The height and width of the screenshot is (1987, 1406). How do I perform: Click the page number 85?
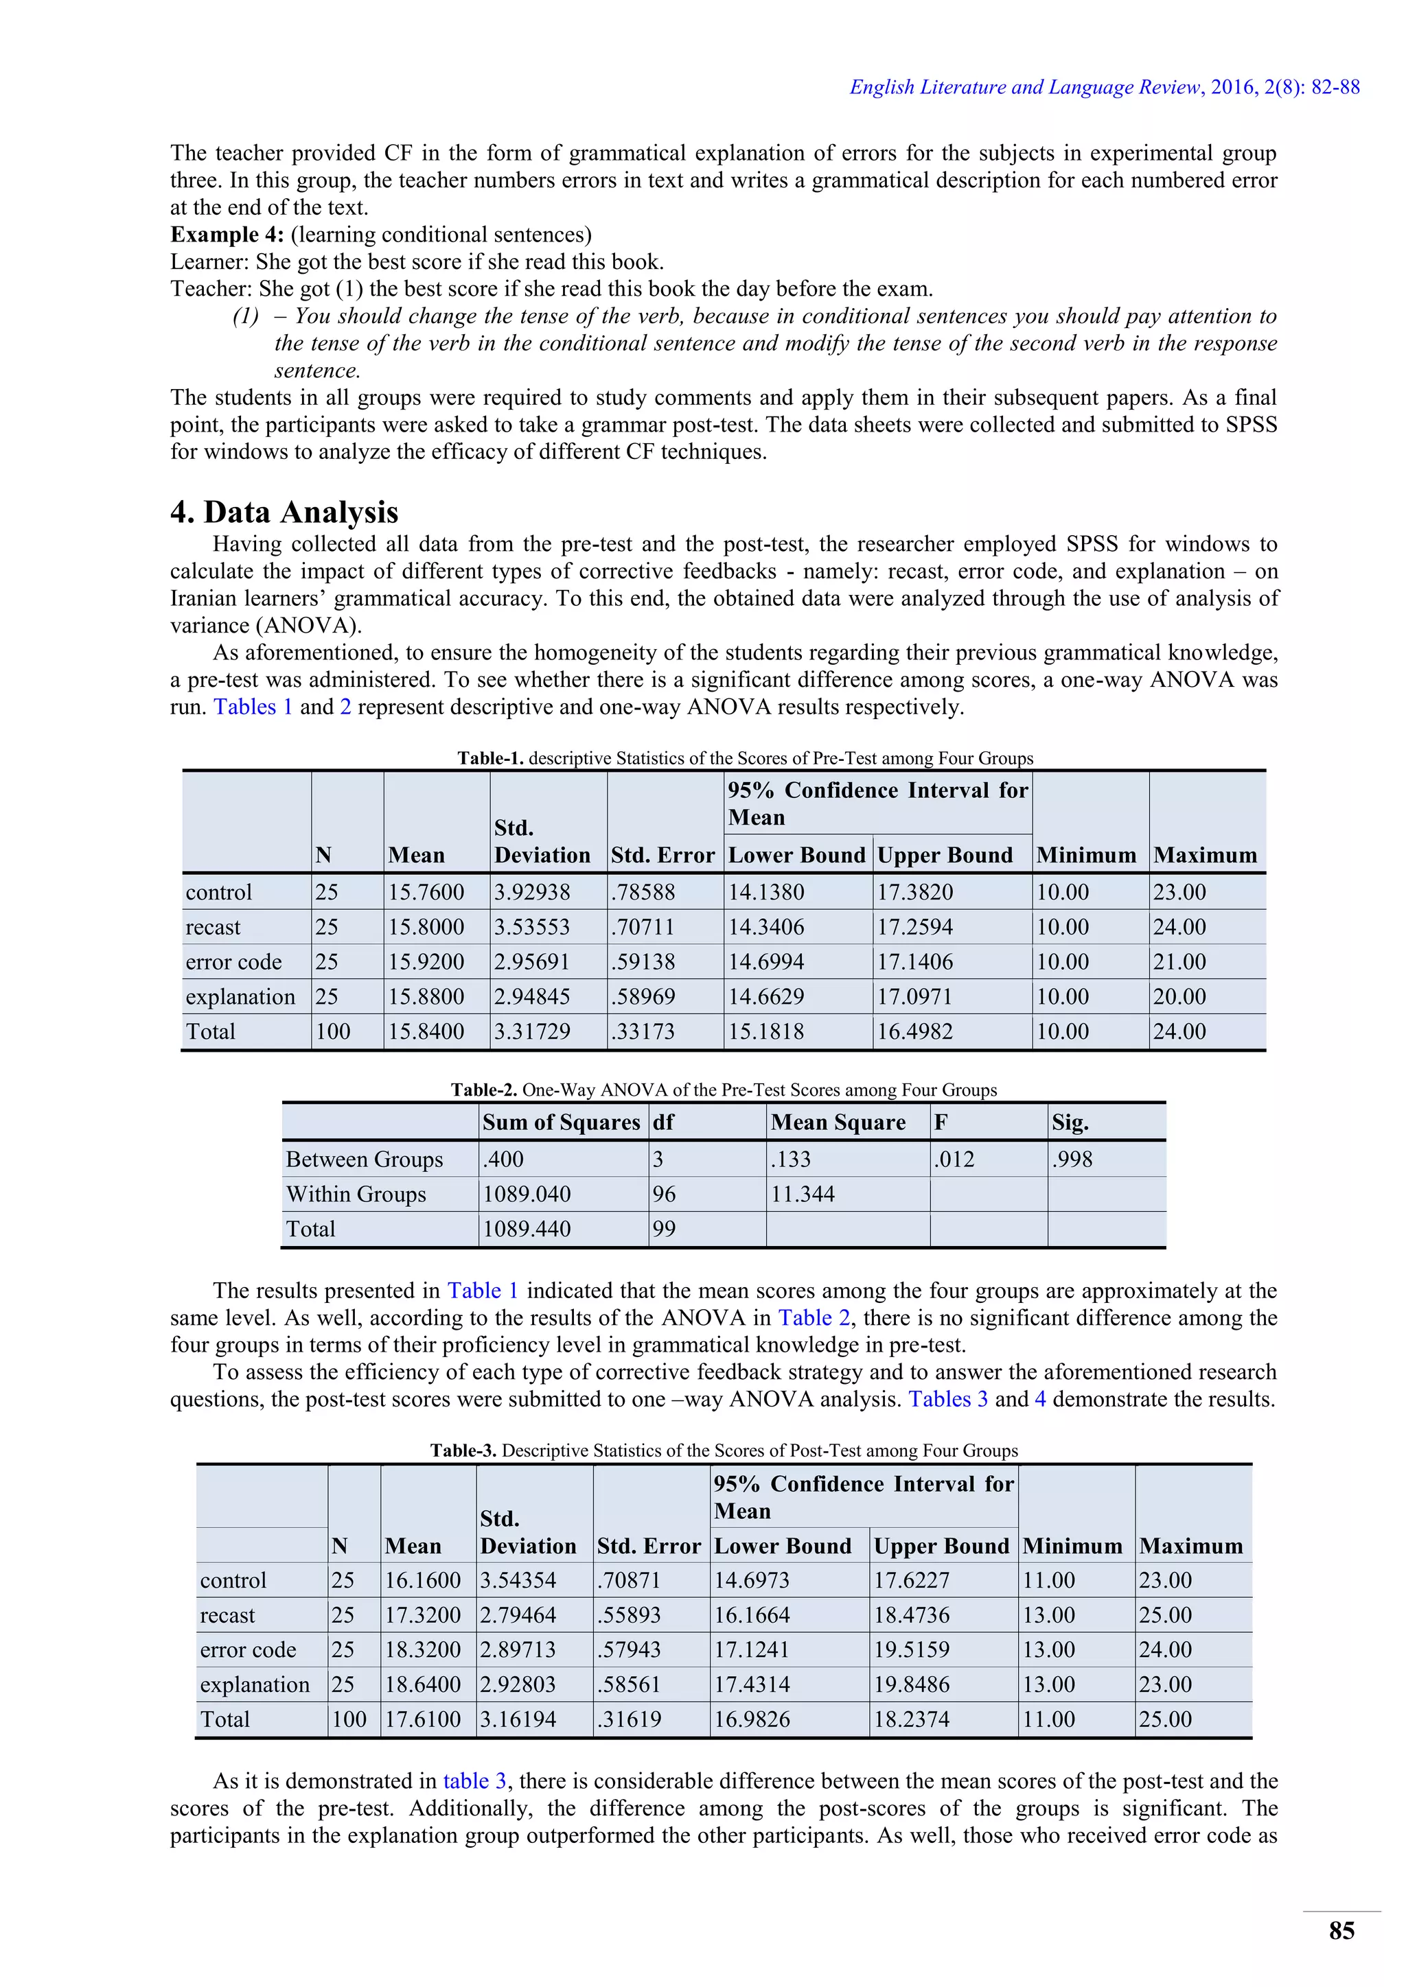(x=1341, y=1930)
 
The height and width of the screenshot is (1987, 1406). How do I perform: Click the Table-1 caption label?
(x=490, y=758)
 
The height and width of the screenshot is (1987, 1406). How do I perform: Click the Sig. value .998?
(x=1072, y=1159)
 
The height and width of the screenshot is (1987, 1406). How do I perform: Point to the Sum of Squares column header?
(x=561, y=1122)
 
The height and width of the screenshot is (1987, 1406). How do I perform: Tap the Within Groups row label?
(x=356, y=1195)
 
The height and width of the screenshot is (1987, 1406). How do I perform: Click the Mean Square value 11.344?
(x=803, y=1195)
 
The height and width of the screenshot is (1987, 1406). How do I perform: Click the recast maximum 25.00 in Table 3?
(x=1165, y=1615)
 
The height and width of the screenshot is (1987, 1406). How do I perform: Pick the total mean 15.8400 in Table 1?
(x=426, y=1031)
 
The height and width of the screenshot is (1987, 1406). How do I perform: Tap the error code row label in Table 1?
(x=233, y=961)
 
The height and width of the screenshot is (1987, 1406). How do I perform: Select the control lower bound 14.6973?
(x=752, y=1580)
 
